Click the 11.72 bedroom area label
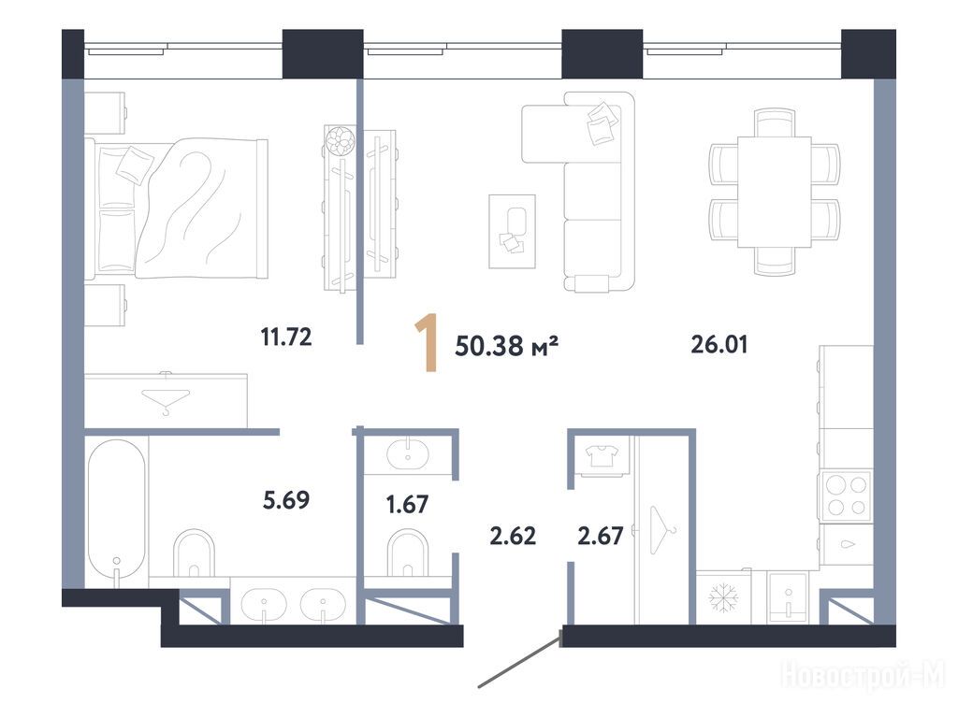click(x=286, y=337)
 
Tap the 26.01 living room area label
click(x=719, y=344)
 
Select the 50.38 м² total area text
click(x=506, y=346)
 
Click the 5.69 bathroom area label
click(x=286, y=500)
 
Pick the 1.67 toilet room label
click(x=407, y=504)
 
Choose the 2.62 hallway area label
click(x=513, y=536)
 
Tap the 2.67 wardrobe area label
click(x=601, y=536)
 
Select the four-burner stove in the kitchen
click(x=846, y=495)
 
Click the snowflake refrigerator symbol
click(x=723, y=597)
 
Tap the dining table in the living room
click(x=774, y=192)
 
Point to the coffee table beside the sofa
click(x=512, y=232)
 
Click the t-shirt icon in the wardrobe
click(x=602, y=455)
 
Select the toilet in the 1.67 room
click(x=408, y=553)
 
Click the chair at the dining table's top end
click(x=774, y=122)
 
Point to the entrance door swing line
click(x=518, y=661)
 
